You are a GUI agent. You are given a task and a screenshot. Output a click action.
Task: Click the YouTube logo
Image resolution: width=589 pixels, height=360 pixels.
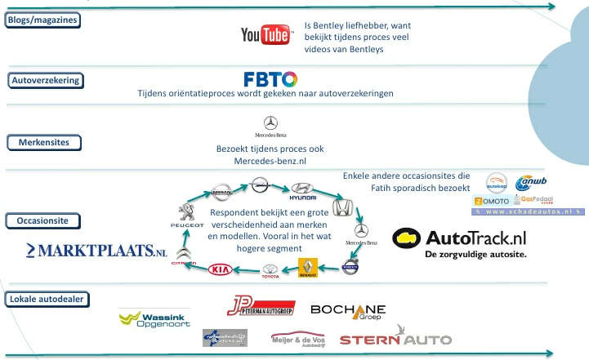pyautogui.click(x=266, y=34)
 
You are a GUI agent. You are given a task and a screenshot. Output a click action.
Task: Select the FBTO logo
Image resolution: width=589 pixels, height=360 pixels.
pyautogui.click(x=270, y=79)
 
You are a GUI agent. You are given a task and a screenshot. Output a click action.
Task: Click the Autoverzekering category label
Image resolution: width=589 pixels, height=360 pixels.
pyautogui.click(x=45, y=80)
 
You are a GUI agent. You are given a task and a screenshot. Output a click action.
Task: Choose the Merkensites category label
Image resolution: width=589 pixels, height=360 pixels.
pyautogui.click(x=44, y=143)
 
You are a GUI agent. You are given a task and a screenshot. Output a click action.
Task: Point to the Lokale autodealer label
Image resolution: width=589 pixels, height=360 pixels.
pyautogui.click(x=47, y=299)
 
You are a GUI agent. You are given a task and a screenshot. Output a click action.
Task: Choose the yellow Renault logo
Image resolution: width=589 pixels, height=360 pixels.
pyautogui.click(x=307, y=268)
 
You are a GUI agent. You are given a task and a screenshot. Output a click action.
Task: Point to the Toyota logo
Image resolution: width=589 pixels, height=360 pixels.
pyautogui.click(x=270, y=272)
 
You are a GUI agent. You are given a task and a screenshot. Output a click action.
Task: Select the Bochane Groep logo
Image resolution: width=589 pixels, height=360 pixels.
pyautogui.click(x=348, y=310)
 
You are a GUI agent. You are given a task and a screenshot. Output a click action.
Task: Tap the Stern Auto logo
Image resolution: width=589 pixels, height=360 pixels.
pyautogui.click(x=383, y=336)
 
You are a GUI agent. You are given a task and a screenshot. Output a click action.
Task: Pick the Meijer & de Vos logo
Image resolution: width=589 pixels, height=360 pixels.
pyautogui.click(x=297, y=336)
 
